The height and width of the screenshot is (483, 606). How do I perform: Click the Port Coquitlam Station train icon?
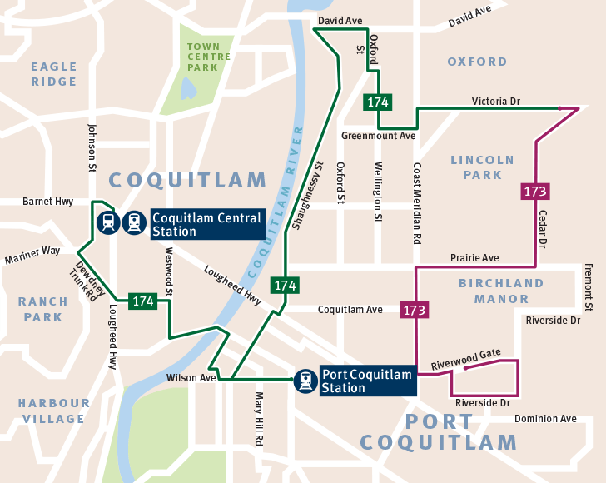click(305, 381)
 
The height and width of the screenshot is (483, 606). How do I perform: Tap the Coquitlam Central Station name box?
click(206, 224)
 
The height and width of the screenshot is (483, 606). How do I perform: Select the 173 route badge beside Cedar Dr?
click(535, 192)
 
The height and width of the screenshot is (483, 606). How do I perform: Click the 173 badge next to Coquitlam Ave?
click(415, 310)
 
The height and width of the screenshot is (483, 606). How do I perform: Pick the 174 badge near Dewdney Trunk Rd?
click(142, 301)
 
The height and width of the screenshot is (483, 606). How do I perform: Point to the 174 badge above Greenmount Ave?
click(377, 102)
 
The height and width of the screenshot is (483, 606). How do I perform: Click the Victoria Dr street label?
click(495, 101)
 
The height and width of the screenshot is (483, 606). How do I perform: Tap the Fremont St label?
click(588, 287)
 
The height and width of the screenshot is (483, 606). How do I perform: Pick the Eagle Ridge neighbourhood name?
click(54, 74)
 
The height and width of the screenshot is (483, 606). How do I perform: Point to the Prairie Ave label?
click(474, 258)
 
